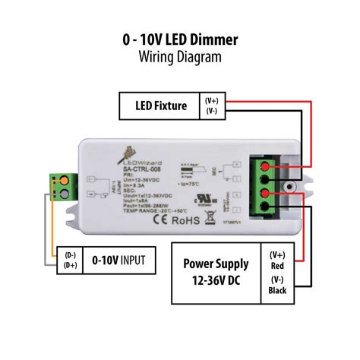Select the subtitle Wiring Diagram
click(x=179, y=57)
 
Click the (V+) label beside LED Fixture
click(x=211, y=99)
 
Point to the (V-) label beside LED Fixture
click(x=211, y=111)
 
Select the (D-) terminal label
click(x=70, y=255)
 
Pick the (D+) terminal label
click(x=70, y=267)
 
